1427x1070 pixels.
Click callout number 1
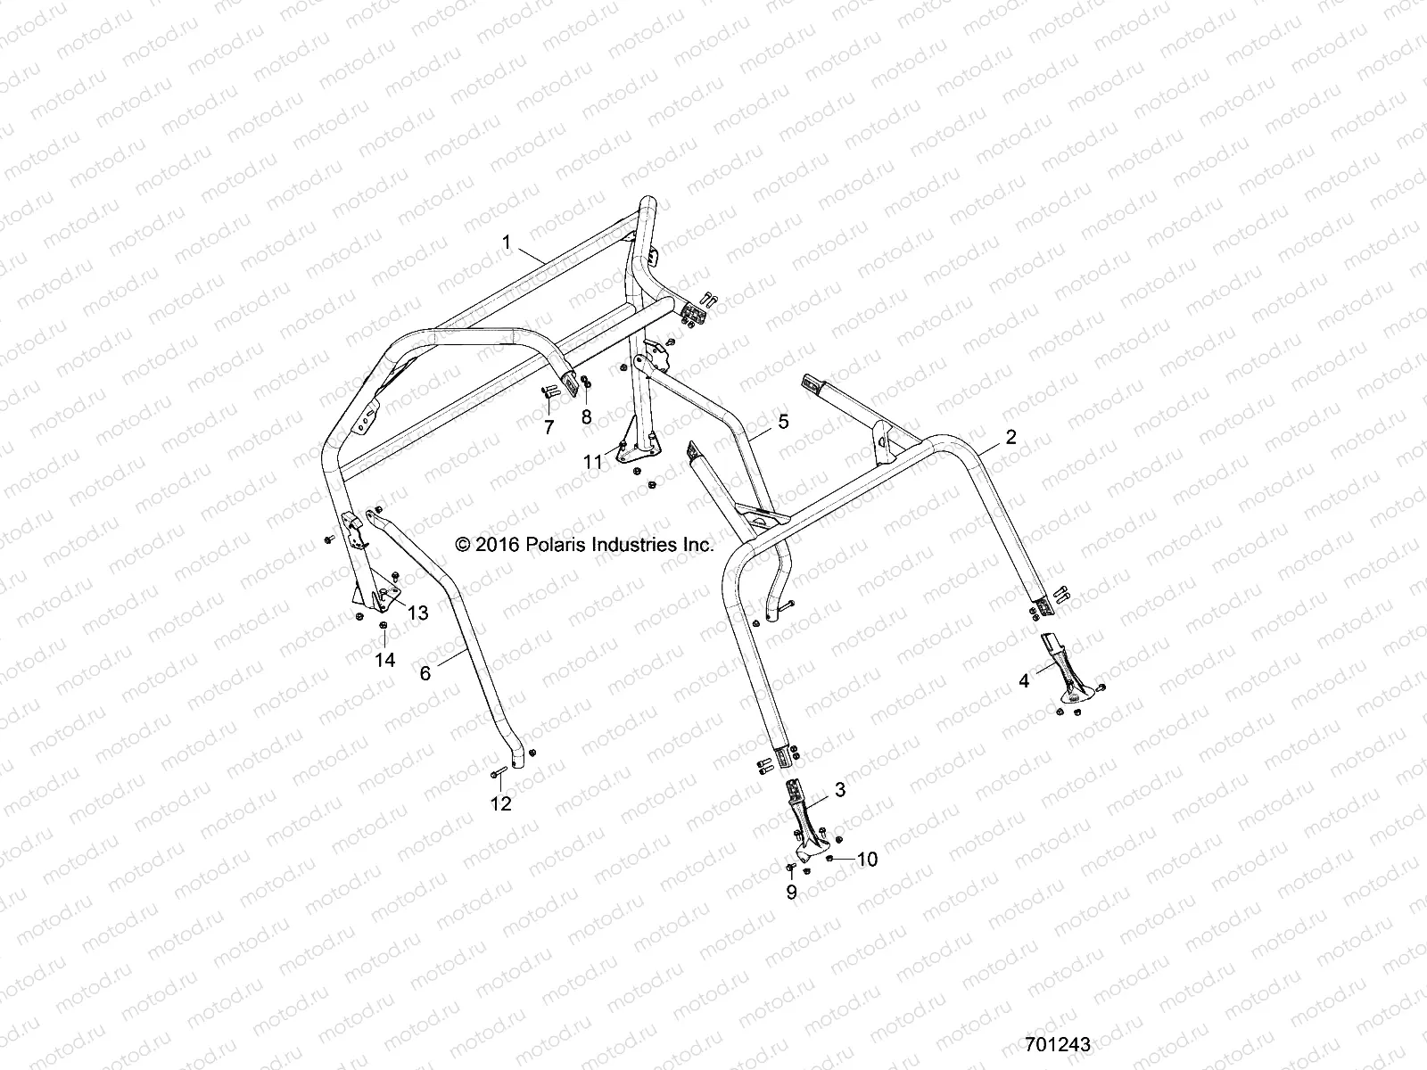coord(507,242)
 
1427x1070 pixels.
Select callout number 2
coord(1010,437)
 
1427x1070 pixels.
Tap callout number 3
coord(840,789)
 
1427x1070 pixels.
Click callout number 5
coord(783,421)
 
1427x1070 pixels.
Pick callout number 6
coord(425,673)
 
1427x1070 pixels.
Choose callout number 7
coord(549,428)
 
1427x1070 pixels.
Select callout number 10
coord(867,859)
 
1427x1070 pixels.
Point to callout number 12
coord(501,803)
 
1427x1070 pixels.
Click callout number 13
coord(417,613)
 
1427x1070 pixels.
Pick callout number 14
coord(384,660)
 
